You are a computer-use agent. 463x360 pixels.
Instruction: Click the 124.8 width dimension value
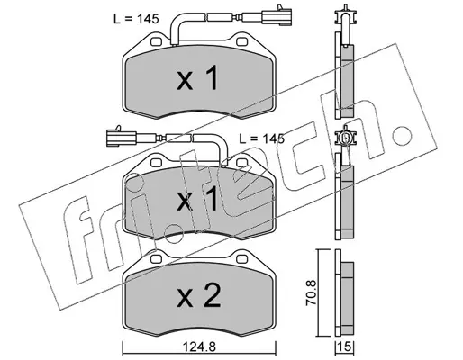(x=199, y=347)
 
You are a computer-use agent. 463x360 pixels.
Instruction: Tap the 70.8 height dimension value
(x=311, y=292)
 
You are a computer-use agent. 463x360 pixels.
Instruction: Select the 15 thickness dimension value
(x=345, y=347)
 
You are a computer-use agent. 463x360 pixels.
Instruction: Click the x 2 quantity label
(x=199, y=296)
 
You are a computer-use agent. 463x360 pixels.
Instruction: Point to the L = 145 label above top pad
(x=136, y=19)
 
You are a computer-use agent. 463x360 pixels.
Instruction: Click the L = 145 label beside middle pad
(x=261, y=139)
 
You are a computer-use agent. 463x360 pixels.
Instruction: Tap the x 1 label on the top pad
(x=197, y=79)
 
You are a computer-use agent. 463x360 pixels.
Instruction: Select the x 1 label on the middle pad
(x=197, y=198)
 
